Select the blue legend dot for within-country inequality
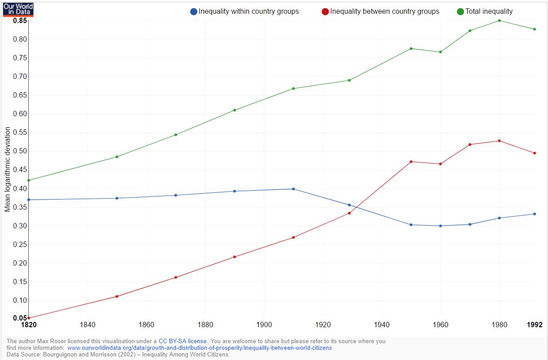193,12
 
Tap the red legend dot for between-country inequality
325,12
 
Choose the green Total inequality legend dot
460,12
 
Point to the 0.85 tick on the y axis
19,21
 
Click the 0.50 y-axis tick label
19,151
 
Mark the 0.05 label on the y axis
19,318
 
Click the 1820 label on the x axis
28,325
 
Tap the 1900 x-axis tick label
264,325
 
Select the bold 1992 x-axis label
535,325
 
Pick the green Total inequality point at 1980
499,20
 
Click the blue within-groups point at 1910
293,189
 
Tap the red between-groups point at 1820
28,318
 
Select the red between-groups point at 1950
411,162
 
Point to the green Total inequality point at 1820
28,180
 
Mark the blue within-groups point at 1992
535,214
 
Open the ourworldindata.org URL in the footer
199,348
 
